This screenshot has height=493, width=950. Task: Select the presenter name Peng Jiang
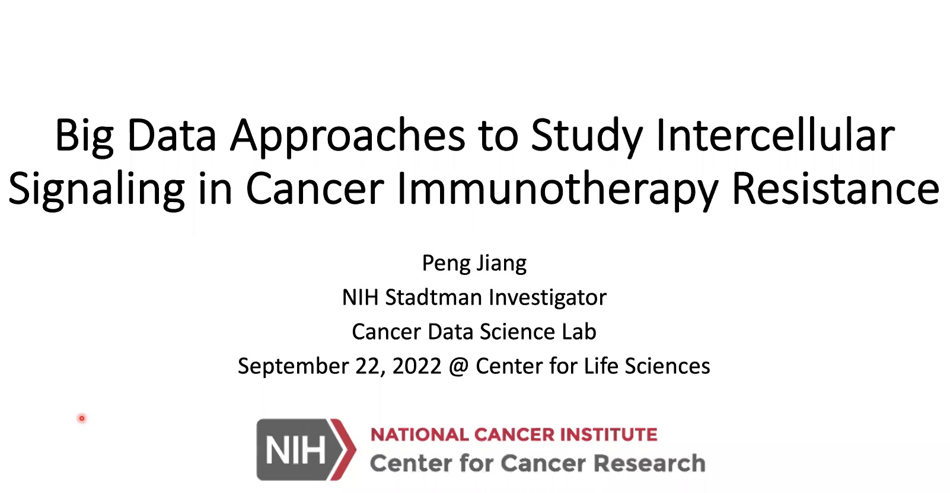click(474, 264)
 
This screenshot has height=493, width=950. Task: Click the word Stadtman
click(433, 297)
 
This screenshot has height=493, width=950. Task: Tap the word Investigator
click(547, 298)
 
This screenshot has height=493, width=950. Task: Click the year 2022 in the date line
click(417, 366)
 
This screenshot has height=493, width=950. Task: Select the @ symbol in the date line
click(458, 366)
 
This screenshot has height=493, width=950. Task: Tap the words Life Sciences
click(647, 366)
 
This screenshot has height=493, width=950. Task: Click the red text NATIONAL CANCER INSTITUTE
click(514, 434)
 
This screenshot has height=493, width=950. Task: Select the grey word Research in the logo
click(650, 463)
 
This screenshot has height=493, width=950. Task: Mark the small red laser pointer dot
click(82, 418)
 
